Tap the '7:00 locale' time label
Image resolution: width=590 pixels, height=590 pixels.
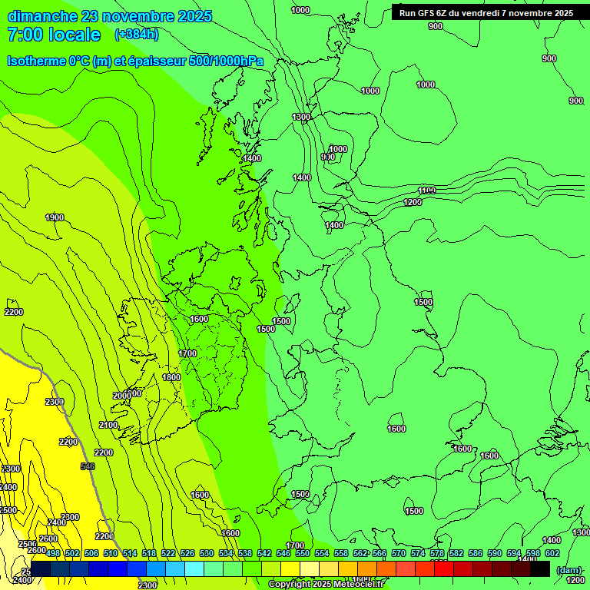click(54, 35)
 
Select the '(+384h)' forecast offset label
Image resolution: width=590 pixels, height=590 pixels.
click(136, 35)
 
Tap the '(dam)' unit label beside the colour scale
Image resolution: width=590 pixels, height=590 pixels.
click(568, 569)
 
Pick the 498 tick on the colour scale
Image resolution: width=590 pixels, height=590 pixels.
click(53, 553)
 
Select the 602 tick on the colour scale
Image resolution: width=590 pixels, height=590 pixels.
click(552, 553)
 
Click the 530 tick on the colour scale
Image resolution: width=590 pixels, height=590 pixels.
click(207, 553)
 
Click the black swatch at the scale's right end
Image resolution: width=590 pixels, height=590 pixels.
click(540, 568)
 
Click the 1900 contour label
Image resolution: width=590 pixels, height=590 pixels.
click(55, 217)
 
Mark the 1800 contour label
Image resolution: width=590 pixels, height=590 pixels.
click(171, 377)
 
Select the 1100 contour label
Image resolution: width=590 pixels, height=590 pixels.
click(426, 191)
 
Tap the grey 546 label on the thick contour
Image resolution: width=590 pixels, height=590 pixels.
click(88, 466)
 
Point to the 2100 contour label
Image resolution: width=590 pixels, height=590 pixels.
click(108, 425)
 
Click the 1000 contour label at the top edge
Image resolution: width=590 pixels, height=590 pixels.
click(301, 10)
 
